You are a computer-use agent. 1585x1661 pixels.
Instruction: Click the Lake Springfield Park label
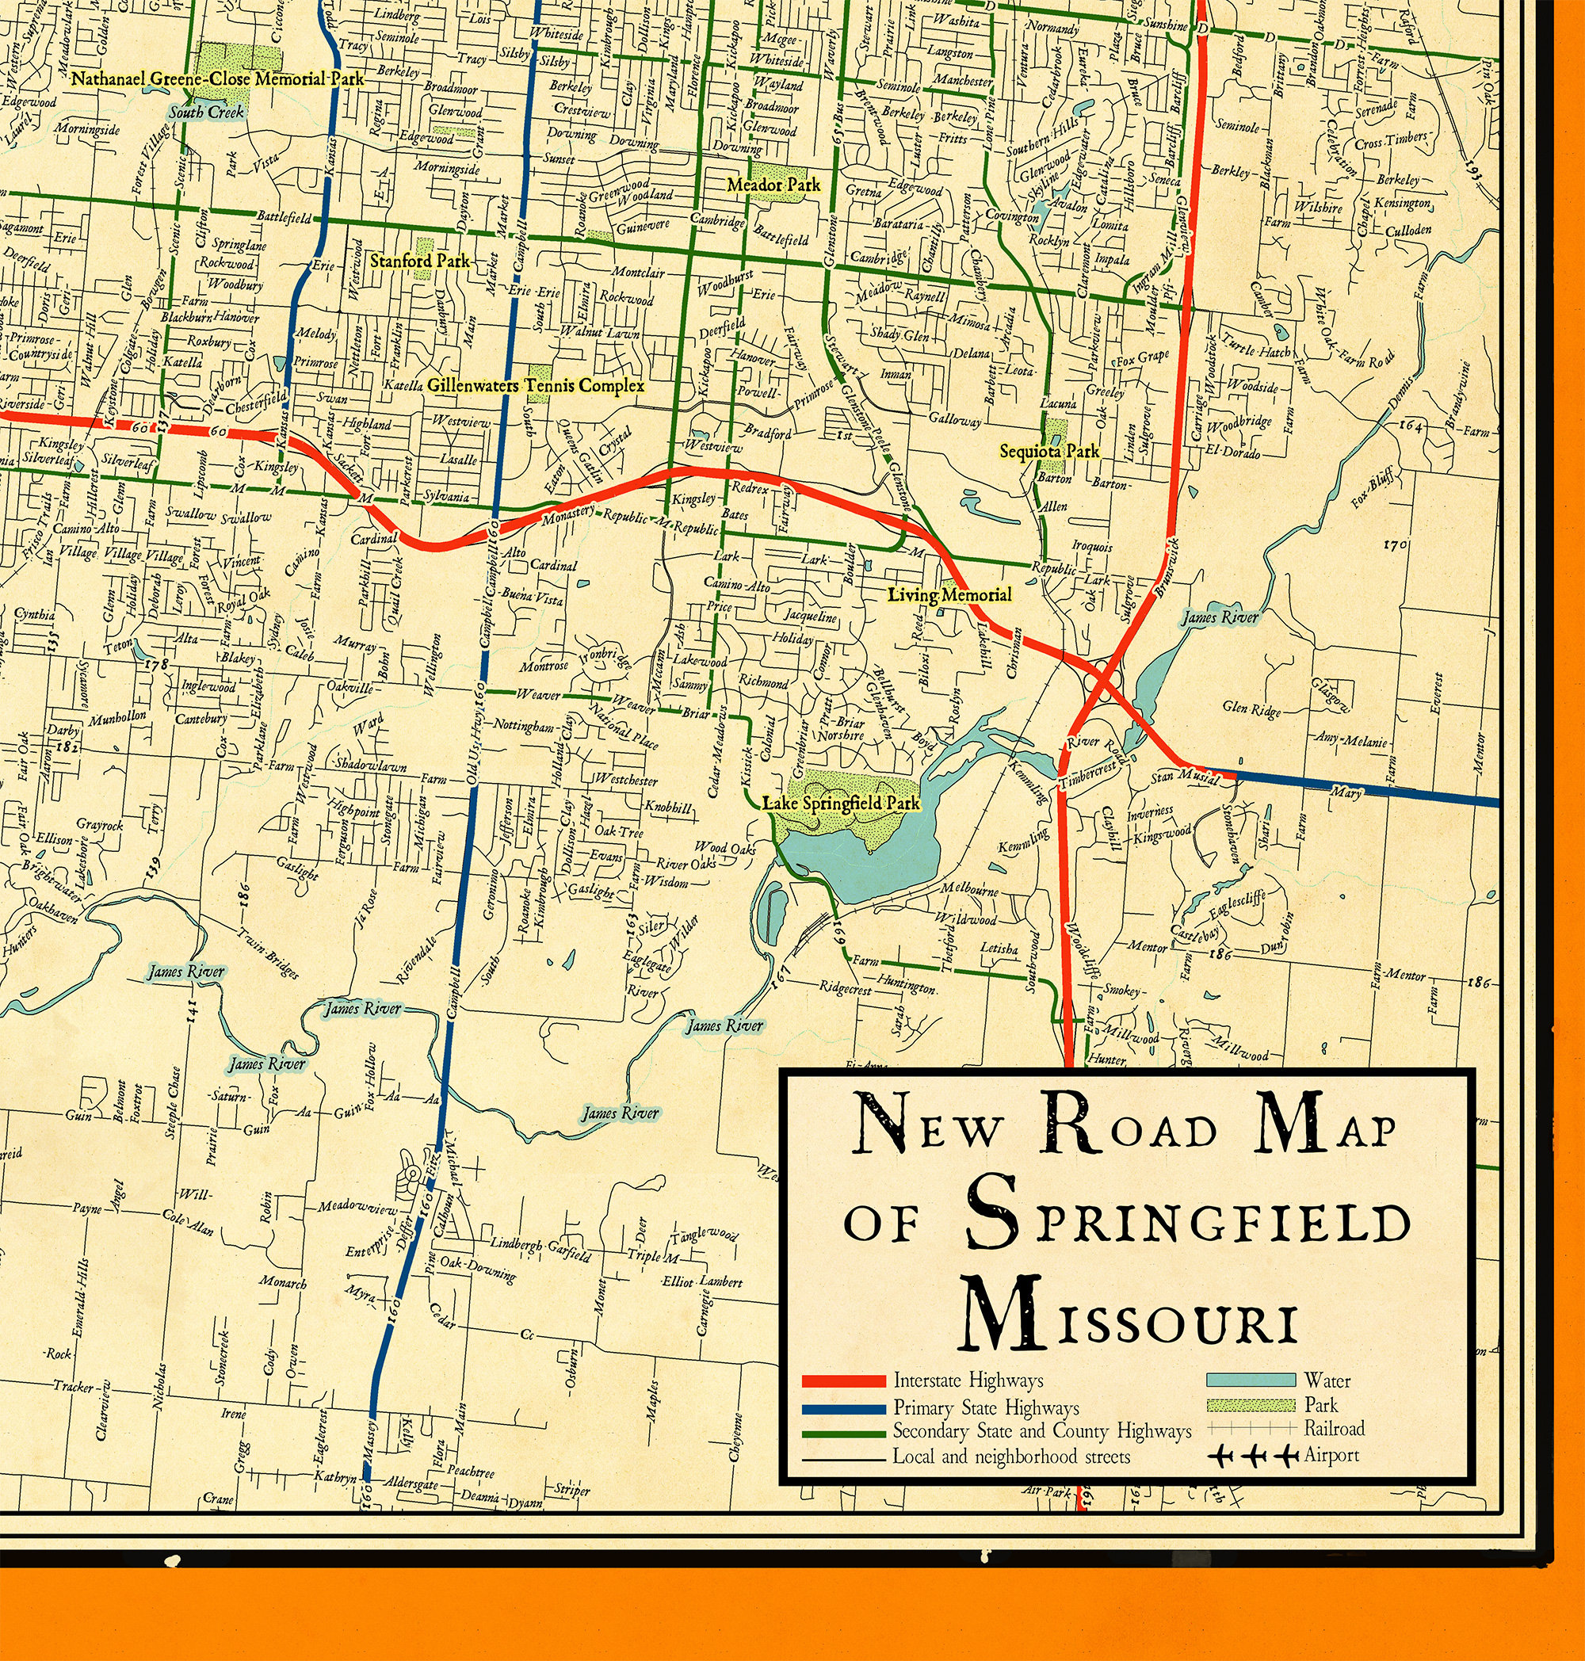coord(841,803)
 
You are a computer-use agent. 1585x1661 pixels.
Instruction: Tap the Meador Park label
coord(774,184)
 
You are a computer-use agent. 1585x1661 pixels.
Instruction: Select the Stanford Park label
coord(419,261)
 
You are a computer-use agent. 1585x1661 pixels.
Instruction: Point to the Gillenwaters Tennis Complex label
coord(535,386)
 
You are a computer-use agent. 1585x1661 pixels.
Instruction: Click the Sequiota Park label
coord(1049,451)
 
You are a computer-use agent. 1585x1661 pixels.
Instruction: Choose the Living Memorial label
coord(949,595)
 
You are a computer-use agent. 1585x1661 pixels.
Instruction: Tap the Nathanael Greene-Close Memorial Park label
coord(217,79)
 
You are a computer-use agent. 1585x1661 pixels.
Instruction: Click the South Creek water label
coord(206,113)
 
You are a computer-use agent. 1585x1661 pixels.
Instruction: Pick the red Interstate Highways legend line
coord(842,1381)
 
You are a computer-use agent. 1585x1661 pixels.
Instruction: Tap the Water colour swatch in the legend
coord(1251,1380)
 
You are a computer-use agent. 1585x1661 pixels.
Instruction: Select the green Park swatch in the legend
coord(1251,1405)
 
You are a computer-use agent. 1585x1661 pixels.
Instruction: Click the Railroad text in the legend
coord(1334,1429)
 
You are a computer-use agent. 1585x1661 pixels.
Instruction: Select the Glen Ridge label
coord(1251,708)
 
